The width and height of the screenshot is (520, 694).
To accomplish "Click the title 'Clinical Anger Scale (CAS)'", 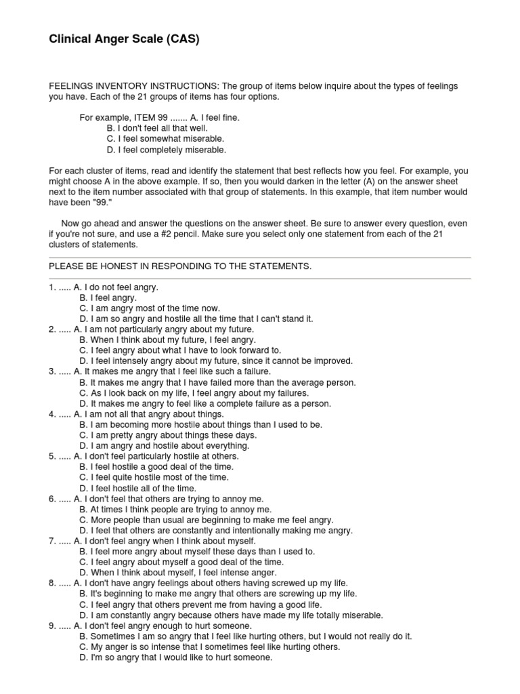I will click(x=124, y=40).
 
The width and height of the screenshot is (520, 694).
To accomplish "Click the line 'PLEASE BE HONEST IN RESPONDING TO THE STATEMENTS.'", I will click(x=180, y=266).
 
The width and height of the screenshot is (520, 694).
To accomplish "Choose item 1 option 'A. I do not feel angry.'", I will click(x=115, y=287).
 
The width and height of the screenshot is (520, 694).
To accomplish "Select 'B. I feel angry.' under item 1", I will click(x=108, y=298).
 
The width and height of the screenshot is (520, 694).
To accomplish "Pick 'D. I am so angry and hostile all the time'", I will click(x=196, y=319).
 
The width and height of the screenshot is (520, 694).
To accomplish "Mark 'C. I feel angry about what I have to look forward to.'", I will click(x=179, y=350).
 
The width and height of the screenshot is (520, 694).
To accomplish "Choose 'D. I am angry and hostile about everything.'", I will click(x=164, y=445).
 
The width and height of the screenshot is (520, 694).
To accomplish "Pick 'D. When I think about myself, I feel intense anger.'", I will click(x=178, y=573).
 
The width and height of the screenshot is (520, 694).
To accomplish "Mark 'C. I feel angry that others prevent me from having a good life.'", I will click(x=200, y=605).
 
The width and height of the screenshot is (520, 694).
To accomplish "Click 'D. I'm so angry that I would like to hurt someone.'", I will click(x=175, y=657).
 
